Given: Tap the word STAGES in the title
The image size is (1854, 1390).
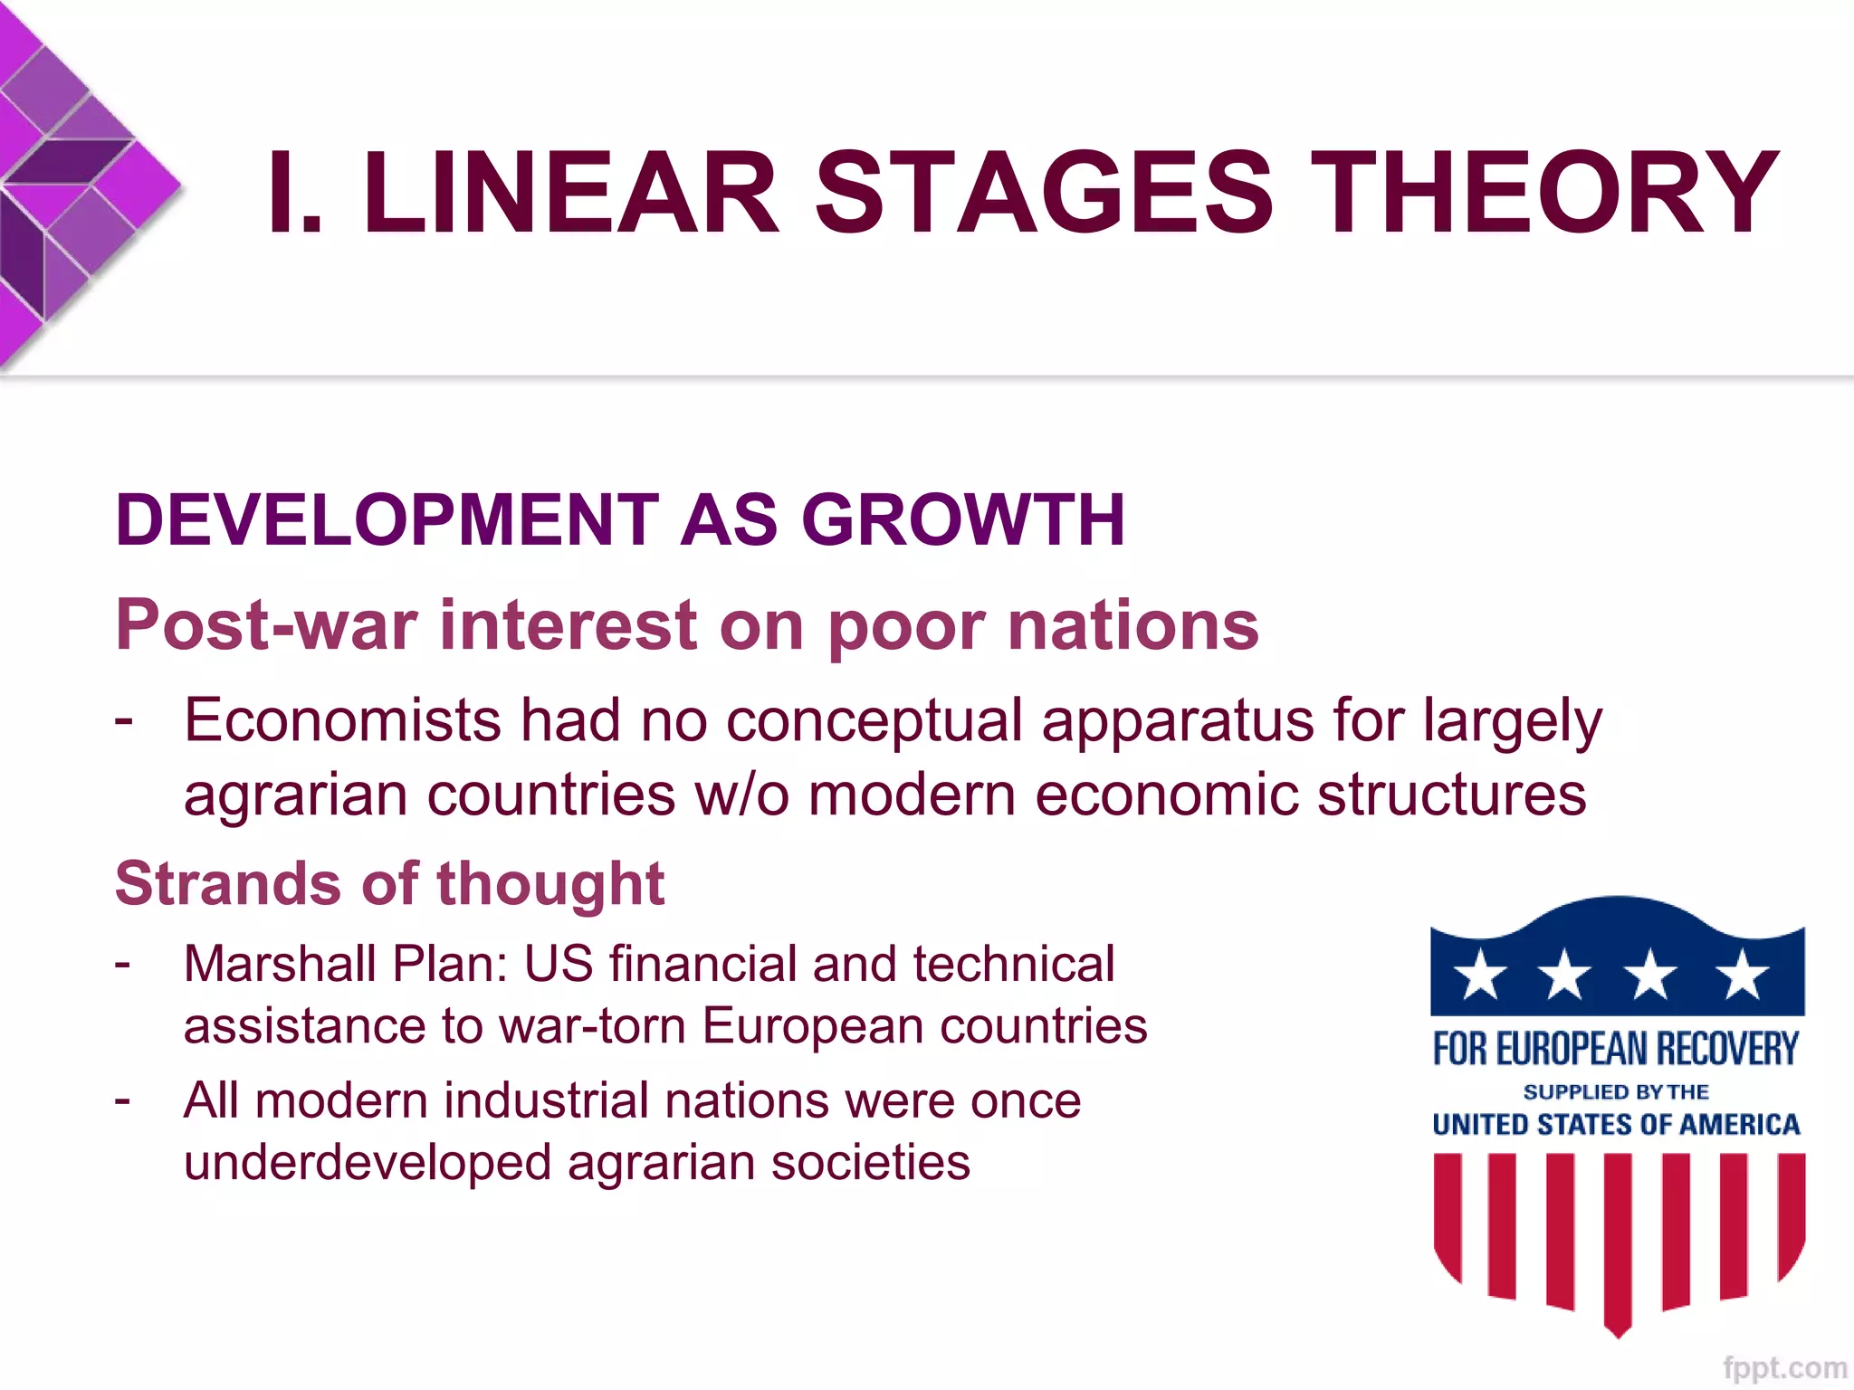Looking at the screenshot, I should [x=1044, y=193].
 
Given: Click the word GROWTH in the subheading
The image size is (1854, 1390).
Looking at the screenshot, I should [x=963, y=520].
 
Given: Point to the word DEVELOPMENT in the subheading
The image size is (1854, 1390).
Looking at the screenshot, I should [x=387, y=520].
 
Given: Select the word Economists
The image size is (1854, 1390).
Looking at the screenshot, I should [x=342, y=721].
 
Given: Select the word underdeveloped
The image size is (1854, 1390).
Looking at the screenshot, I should [x=368, y=1164].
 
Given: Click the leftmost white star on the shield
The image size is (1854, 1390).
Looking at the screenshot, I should [x=1481, y=975].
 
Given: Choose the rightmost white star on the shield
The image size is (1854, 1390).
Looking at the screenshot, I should [x=1741, y=975].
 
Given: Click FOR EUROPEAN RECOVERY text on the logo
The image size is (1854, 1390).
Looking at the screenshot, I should [x=1616, y=1049].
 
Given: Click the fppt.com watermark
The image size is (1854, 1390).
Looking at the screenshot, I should [x=1784, y=1367].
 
